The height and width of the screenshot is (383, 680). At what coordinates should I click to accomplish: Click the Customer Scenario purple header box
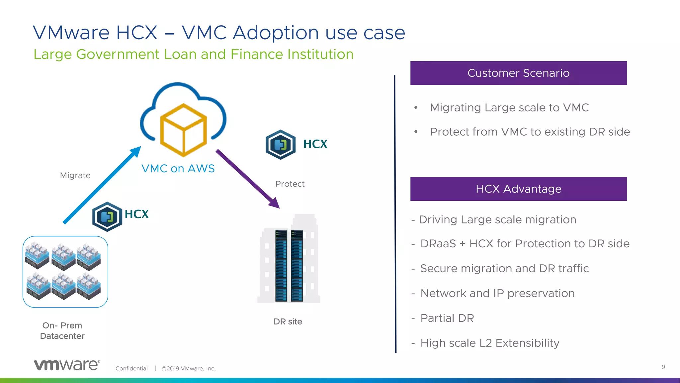point(518,73)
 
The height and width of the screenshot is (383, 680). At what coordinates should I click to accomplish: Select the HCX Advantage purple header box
point(518,189)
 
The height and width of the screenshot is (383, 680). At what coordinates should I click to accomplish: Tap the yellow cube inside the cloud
point(183,130)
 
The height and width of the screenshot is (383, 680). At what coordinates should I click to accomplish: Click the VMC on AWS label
point(178,169)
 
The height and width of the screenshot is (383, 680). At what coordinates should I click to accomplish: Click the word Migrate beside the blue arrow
point(75,176)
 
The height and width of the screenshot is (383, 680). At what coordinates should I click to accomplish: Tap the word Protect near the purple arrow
point(290,184)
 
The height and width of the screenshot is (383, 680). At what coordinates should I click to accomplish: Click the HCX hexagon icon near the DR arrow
point(281,145)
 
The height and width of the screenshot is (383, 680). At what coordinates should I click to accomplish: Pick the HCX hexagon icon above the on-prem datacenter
point(107,217)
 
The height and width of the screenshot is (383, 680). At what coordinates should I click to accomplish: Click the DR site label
point(288,321)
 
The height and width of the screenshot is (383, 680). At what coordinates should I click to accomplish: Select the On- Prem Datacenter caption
point(62,330)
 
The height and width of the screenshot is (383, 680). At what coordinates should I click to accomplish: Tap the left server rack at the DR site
point(281,266)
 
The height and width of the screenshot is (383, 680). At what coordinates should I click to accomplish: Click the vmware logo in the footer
point(67,365)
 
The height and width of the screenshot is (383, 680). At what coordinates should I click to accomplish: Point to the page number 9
point(663,367)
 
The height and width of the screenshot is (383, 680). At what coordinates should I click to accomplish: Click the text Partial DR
point(447,318)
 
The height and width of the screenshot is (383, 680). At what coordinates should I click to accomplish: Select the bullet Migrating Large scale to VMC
point(509,108)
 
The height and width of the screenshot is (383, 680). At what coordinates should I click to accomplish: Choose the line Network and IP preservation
point(497,293)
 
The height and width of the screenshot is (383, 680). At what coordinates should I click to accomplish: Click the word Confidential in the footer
point(131,368)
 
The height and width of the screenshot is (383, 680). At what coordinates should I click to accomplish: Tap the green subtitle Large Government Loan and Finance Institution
point(193,54)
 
